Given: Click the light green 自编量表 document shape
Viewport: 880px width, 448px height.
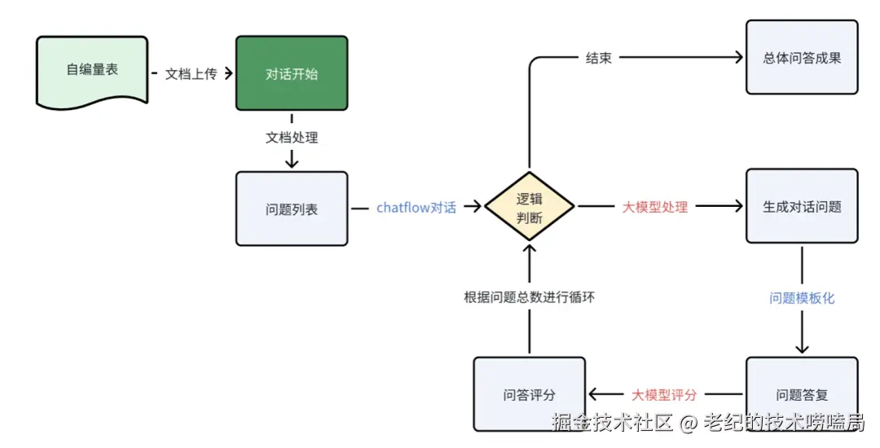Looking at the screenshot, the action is click(x=92, y=71).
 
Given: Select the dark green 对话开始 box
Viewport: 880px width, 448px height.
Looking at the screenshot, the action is click(x=292, y=72).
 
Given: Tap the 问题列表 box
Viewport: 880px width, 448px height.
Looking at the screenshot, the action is click(x=292, y=209).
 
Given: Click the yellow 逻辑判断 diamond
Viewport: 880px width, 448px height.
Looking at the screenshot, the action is click(x=530, y=206).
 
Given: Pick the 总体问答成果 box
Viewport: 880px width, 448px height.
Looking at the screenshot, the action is click(x=802, y=57).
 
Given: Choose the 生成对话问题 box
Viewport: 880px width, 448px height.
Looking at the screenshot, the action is click(x=802, y=206).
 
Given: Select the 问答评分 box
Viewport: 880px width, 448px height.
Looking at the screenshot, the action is click(x=530, y=394).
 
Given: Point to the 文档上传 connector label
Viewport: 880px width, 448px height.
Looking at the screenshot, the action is click(x=191, y=73).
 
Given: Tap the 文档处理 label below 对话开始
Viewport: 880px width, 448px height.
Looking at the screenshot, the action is click(x=292, y=138).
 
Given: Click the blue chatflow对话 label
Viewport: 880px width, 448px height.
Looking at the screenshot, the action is click(x=416, y=208).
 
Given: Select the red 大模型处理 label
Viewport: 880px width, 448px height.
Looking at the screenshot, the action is click(x=655, y=207).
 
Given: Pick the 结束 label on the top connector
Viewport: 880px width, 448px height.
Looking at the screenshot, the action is click(x=599, y=58).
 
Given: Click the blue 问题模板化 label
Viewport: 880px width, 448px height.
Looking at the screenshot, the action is click(x=802, y=298).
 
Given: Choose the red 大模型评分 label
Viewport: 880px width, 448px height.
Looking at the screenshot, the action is click(x=665, y=395).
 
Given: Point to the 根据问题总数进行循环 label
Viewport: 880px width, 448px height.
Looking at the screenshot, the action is click(x=530, y=297).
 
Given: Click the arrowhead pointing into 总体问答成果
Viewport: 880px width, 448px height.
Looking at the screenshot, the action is click(x=739, y=57).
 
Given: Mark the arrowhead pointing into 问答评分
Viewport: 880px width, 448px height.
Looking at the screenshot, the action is click(x=593, y=395).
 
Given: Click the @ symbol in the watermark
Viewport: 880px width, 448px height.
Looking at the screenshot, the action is click(x=688, y=423).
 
